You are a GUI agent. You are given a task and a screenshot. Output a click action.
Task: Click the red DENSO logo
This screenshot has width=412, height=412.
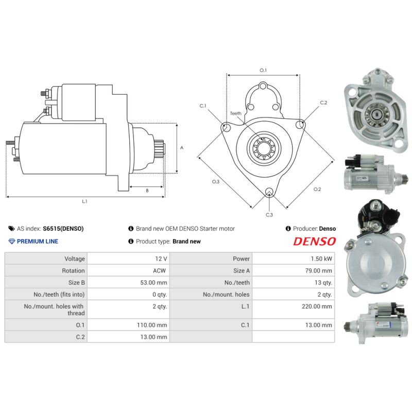coord(314,241)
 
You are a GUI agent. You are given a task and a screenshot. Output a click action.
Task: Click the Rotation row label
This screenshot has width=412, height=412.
coord(74,270)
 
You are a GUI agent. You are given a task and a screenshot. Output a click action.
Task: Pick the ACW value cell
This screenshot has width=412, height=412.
coord(161,270)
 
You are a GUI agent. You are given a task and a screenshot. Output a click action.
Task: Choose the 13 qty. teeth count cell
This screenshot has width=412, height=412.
coord(323,282)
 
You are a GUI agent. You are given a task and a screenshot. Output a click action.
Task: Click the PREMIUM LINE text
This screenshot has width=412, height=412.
coord(38,241)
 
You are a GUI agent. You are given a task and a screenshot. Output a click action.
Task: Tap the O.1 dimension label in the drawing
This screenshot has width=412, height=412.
coord(263,70)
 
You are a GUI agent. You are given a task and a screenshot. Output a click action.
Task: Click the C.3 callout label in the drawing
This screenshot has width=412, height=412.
coord(269,214)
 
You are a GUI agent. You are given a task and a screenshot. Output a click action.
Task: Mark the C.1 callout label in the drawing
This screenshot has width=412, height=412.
coord(203,106)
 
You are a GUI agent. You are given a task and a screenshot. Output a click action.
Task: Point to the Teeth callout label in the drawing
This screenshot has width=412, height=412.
coord(235,113)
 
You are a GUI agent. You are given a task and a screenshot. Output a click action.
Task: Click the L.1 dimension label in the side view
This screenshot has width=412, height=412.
coord(85,201)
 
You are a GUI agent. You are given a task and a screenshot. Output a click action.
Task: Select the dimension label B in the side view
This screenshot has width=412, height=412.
coord(147,191)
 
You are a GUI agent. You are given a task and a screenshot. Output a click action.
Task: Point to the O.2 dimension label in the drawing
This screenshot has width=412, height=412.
coord(317,189)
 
